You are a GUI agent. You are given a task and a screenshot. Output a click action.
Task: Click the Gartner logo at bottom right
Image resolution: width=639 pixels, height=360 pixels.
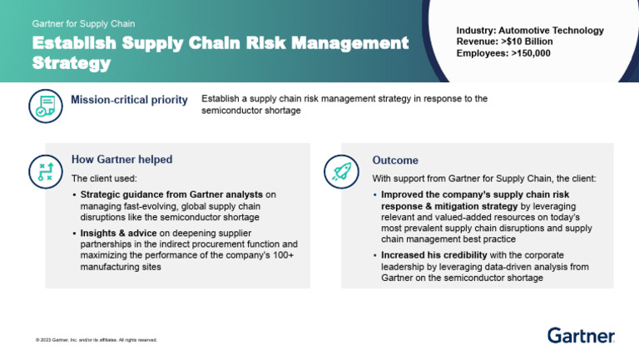[581, 336]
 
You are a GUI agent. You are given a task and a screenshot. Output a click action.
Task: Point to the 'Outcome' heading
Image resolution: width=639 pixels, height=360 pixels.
[394, 160]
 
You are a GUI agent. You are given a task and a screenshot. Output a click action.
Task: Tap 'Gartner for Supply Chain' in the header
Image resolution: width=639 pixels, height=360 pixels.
[83, 24]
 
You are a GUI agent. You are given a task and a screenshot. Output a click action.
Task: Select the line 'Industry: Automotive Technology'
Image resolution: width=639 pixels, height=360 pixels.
[530, 31]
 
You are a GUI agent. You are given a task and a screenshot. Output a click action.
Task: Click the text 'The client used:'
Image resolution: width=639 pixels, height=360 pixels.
[104, 178]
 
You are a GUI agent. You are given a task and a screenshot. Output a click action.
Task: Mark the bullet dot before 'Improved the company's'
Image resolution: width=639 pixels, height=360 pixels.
[375, 195]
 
